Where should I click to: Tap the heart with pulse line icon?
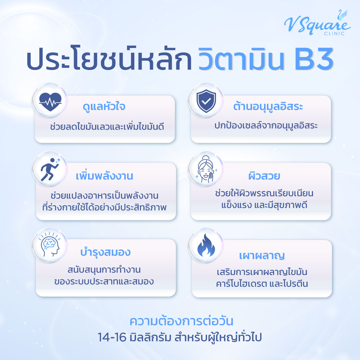coord(50,99)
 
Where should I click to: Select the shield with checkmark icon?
coord(204,99)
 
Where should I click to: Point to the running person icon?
coord(50,169)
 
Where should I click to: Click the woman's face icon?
coord(204,169)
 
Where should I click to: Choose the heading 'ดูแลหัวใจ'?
coord(105,108)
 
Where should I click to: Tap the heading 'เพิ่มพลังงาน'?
coord(104,176)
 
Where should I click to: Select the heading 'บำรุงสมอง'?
coord(105,252)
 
